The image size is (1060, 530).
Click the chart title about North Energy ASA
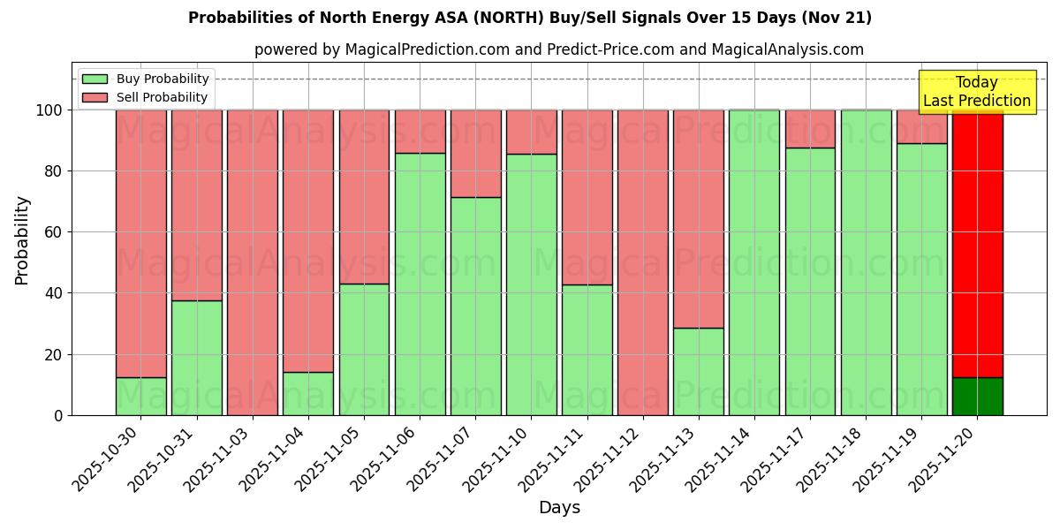click(x=529, y=18)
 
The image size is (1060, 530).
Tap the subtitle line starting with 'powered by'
click(x=558, y=49)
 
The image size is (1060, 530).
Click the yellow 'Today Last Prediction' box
click(x=976, y=92)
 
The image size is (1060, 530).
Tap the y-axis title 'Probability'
click(x=22, y=240)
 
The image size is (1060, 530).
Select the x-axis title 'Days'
click(x=559, y=508)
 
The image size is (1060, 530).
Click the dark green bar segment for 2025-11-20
click(x=977, y=396)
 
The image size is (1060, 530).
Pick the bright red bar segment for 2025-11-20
click(x=977, y=243)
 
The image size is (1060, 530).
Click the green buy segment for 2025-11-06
click(x=420, y=284)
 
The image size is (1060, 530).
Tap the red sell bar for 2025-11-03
click(x=253, y=262)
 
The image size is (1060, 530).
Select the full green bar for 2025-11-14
click(x=753, y=262)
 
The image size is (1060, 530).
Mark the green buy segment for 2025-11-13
click(x=698, y=371)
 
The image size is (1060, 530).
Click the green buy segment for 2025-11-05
click(x=364, y=349)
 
